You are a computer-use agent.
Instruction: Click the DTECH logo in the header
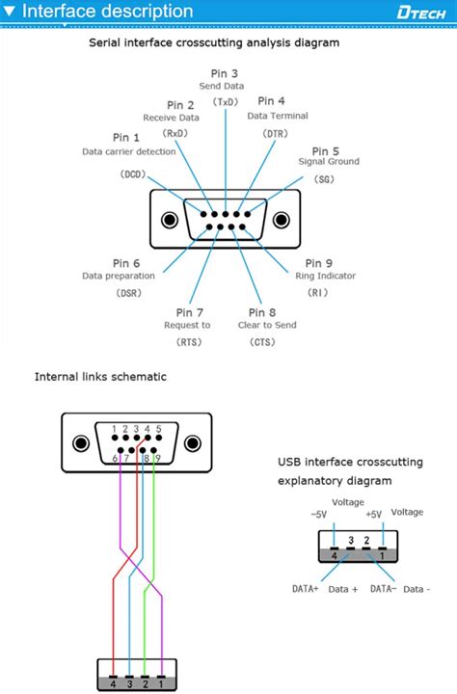[x=421, y=12]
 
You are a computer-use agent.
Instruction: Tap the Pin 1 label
[x=125, y=138]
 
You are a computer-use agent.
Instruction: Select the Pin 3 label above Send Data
[x=224, y=73]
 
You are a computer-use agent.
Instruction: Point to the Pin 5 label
[x=326, y=151]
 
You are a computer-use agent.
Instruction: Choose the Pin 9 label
[x=319, y=263]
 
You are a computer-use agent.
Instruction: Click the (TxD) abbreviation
[x=226, y=102]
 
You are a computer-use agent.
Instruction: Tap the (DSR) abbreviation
[x=128, y=292]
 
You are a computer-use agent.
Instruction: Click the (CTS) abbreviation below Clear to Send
[x=262, y=341]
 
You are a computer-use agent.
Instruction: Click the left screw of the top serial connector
[x=170, y=219]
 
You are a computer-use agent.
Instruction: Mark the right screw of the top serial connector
[x=280, y=219]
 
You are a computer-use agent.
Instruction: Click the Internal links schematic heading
[x=100, y=376]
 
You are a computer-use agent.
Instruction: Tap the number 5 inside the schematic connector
[x=158, y=429]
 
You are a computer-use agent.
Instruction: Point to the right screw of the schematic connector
[x=193, y=444]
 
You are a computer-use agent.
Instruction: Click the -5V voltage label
[x=319, y=515]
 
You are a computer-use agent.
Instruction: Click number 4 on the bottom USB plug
[x=115, y=682]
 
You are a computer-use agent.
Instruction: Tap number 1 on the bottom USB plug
[x=161, y=682]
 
